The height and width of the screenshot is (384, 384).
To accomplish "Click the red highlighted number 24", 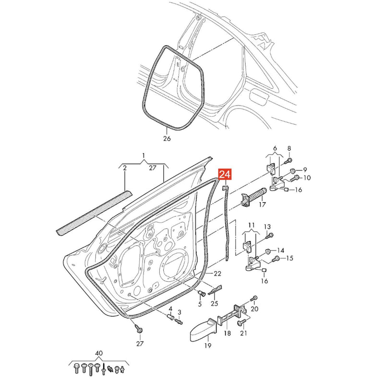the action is coord(225,175).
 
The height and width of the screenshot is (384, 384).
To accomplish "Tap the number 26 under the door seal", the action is coord(167,139).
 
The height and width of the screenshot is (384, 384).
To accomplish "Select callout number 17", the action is coord(262,204).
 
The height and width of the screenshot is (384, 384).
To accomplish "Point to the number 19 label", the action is coord(208,346).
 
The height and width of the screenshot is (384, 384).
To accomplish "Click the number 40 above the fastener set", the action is coord(99,353).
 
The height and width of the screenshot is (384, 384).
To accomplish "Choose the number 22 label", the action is coord(217,274).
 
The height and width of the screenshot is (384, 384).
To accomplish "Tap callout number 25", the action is coord(214,304).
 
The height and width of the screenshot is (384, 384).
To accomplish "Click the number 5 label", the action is coord(200,304).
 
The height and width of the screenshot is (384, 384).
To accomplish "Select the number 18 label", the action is coord(228,333).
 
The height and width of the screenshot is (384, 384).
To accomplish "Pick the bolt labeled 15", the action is coord(276,259).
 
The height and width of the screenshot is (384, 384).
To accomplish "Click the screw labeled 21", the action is coord(240,323).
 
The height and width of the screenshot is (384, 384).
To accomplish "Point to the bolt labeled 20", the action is coord(253,299).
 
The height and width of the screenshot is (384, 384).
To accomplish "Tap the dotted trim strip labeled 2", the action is coord(94,213).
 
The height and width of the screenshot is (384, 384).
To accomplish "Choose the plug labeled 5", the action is coord(201,293).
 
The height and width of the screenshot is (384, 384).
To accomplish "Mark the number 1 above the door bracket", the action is coord(144,155).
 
